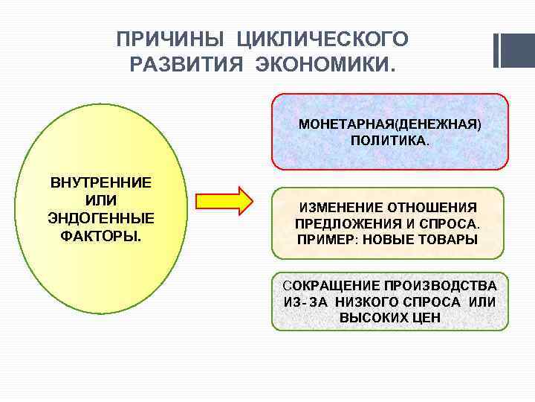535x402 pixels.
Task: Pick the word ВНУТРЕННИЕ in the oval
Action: pos(100,182)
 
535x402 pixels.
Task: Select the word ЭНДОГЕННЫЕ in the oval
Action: pos(100,218)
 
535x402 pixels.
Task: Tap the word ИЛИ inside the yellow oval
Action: pos(100,200)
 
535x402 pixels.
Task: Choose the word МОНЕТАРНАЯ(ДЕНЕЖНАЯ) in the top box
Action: pos(389,124)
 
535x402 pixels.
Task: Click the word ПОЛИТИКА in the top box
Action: pos(389,140)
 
